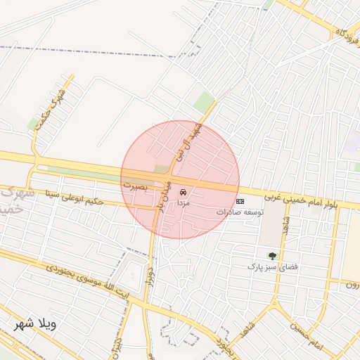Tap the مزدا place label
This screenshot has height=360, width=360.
coord(183,202)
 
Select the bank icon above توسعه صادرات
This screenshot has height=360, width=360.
coord(240,201)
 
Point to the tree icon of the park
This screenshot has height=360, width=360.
coord(272,256)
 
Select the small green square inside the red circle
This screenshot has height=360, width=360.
coord(162,169)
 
